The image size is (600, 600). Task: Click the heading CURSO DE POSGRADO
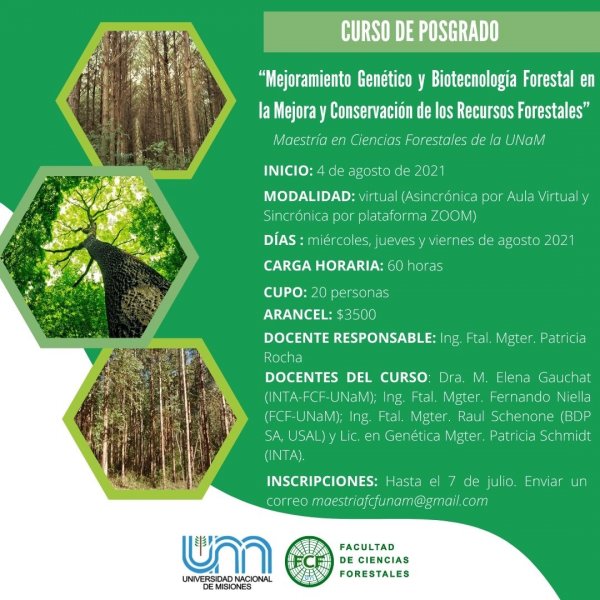[420, 31]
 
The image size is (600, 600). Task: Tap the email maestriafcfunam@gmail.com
[400, 501]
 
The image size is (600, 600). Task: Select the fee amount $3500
[356, 315]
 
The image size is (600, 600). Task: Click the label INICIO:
[288, 171]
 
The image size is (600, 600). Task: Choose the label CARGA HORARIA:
[323, 266]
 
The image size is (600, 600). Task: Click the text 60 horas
[415, 266]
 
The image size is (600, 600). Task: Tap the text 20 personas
[350, 293]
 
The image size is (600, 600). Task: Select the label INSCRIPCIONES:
[322, 481]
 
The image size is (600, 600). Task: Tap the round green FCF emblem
[310, 561]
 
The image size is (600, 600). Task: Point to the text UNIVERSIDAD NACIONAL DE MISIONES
[227, 582]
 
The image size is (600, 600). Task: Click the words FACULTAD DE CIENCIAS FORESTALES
[374, 561]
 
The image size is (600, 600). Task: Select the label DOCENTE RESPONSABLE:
[350, 338]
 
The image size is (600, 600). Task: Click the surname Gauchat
[564, 377]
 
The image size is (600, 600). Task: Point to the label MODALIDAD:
[309, 196]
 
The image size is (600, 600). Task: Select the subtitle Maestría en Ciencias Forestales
[409, 140]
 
